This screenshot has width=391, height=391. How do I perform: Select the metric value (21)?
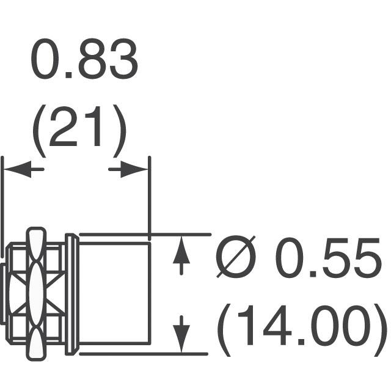click(x=79, y=132)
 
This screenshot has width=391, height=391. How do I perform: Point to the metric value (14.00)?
click(x=302, y=330)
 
